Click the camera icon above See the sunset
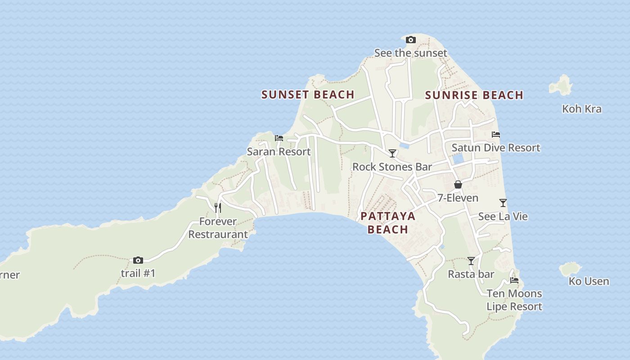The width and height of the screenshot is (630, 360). point(410,40)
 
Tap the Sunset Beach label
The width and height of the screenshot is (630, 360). point(308,94)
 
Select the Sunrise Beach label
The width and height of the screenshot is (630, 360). point(474,95)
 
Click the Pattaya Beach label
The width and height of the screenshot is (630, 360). point(387,223)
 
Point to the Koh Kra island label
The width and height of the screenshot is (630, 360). point(581,109)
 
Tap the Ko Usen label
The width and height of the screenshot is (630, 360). point(589,281)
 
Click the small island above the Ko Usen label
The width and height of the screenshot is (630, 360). point(570,269)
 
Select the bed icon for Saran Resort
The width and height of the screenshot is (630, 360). point(279,138)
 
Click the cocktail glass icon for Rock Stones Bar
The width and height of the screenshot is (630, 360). point(392,153)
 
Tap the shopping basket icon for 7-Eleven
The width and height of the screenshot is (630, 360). point(458,184)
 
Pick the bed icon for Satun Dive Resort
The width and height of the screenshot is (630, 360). point(496,134)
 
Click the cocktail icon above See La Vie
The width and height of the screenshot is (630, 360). point(503,203)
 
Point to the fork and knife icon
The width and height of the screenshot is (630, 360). point(218,207)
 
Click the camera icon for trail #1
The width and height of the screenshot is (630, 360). point(138,260)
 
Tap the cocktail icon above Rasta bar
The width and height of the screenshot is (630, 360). point(471,261)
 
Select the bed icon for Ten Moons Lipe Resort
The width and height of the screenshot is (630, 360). point(514,280)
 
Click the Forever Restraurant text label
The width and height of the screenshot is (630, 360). point(218,228)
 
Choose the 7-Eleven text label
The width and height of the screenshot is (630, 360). point(458,198)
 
